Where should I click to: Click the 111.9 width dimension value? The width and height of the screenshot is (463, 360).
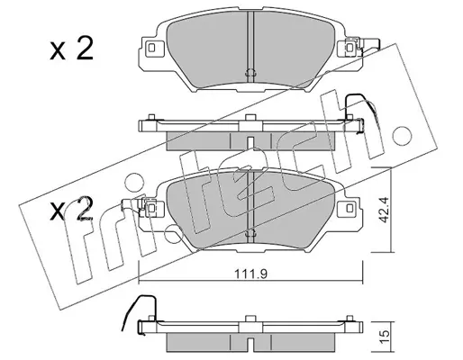click(250, 274)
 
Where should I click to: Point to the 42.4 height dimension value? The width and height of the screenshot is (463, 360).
click(385, 210)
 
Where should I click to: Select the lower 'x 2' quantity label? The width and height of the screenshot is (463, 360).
click(71, 209)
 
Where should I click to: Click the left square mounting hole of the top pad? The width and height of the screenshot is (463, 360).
click(151, 48)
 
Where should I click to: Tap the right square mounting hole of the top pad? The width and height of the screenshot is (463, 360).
click(350, 48)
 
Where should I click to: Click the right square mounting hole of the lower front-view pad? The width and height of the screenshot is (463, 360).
click(350, 208)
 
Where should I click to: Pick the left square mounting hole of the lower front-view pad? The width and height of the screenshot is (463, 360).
click(152, 208)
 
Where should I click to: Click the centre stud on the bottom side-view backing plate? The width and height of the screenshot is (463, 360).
click(250, 319)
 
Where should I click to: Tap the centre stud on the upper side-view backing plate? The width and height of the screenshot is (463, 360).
click(250, 118)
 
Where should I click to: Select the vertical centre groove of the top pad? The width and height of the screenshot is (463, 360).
click(250, 47)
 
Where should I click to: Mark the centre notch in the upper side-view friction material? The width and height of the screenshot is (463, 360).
click(250, 141)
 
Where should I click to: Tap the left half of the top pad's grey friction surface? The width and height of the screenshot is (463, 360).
click(207, 49)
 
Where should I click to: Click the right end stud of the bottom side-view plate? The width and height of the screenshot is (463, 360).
click(350, 318)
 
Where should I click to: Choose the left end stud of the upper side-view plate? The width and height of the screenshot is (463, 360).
click(151, 117)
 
